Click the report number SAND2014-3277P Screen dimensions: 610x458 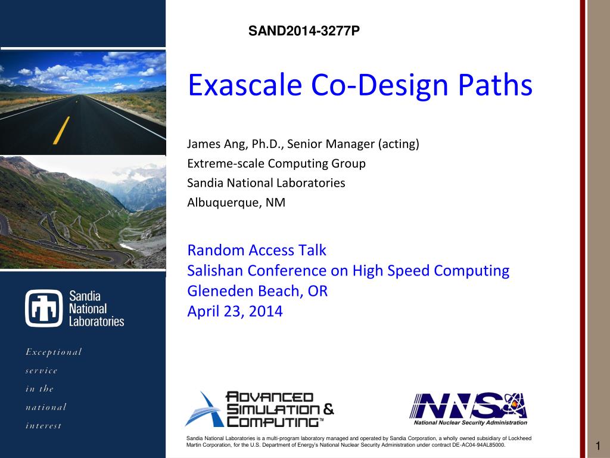(304, 31)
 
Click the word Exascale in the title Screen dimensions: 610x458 (245, 85)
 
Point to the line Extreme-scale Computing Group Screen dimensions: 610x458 (276, 163)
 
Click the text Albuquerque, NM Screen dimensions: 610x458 (236, 203)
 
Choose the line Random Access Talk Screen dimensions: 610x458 (256, 250)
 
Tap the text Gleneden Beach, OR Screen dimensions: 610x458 (257, 291)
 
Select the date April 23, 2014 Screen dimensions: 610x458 (235, 311)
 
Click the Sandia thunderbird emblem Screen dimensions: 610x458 (44, 308)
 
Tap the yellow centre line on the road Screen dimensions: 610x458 (61, 130)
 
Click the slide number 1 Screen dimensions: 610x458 (598, 446)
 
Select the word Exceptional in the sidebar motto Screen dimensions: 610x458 (54, 352)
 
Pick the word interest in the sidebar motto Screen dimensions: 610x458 (43, 426)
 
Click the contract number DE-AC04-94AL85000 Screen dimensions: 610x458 (478, 445)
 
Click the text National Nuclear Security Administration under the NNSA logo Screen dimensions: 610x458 (471, 423)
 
